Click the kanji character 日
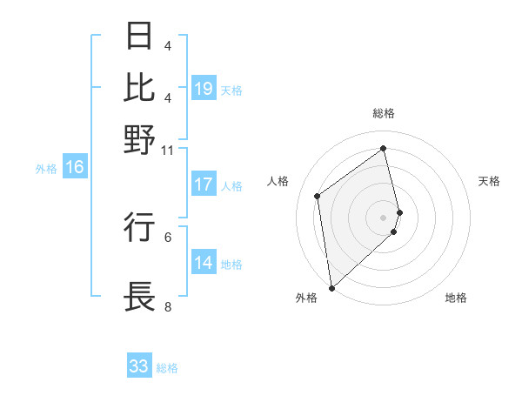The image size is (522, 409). tap(140, 36)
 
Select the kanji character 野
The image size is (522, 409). tap(140, 140)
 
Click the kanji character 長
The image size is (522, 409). tap(140, 297)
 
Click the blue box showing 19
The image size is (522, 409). tap(204, 89)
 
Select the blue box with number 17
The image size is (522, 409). tap(204, 184)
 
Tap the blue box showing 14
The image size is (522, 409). tap(204, 263)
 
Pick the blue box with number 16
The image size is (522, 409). tap(75, 168)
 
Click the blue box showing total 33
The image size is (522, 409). tap(139, 366)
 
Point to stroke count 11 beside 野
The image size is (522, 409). tap(167, 150)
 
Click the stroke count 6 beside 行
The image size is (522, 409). tap(168, 236)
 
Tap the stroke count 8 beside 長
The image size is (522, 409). tap(168, 306)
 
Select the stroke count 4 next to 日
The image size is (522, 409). tap(168, 45)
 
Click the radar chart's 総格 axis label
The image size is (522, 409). tap(384, 113)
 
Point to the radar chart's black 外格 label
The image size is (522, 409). tap(306, 298)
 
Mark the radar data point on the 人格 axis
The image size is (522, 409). tap(318, 196)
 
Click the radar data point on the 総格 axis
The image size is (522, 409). tap(384, 148)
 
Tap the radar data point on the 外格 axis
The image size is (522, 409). tap(331, 287)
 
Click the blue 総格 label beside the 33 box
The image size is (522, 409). tap(167, 368)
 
